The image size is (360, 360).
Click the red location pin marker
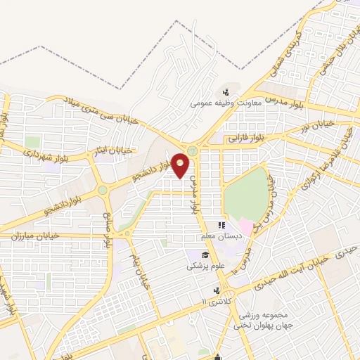point(181,165)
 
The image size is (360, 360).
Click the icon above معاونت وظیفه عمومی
point(226,91)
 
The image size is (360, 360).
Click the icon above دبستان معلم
point(221,226)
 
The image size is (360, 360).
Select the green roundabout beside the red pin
point(192,150)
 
